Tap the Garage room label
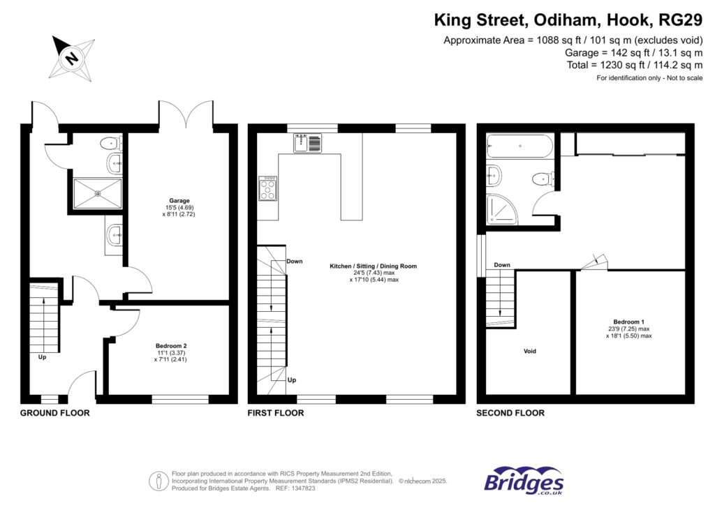pos(178,201)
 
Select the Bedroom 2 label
pos(170,346)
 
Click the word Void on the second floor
pos(530,351)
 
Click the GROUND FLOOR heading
pos(54,413)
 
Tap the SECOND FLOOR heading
pos(510,413)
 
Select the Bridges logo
pos(524,481)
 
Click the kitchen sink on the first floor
pos(308,144)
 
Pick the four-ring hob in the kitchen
pos(267,188)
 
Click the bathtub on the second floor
pos(520,147)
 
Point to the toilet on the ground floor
pos(110,144)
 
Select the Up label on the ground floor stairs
pos(42,356)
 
